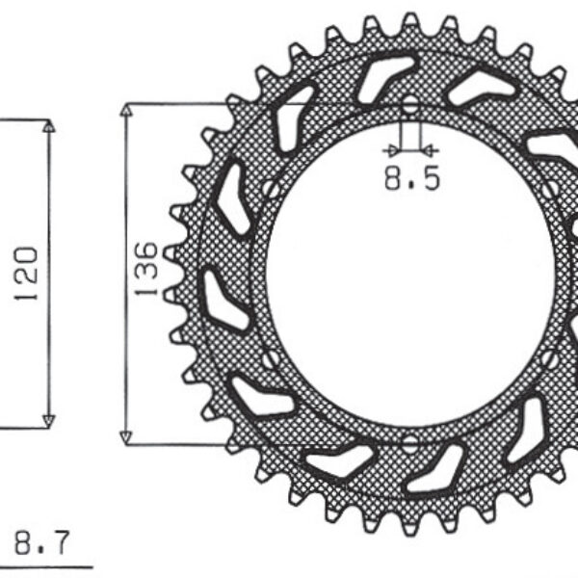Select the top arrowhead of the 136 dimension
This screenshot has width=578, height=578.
124,108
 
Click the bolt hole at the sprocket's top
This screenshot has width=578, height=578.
410,104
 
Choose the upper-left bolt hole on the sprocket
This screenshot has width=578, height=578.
272,189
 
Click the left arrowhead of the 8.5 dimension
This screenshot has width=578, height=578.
390,149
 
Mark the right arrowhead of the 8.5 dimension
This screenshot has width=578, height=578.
431,149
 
